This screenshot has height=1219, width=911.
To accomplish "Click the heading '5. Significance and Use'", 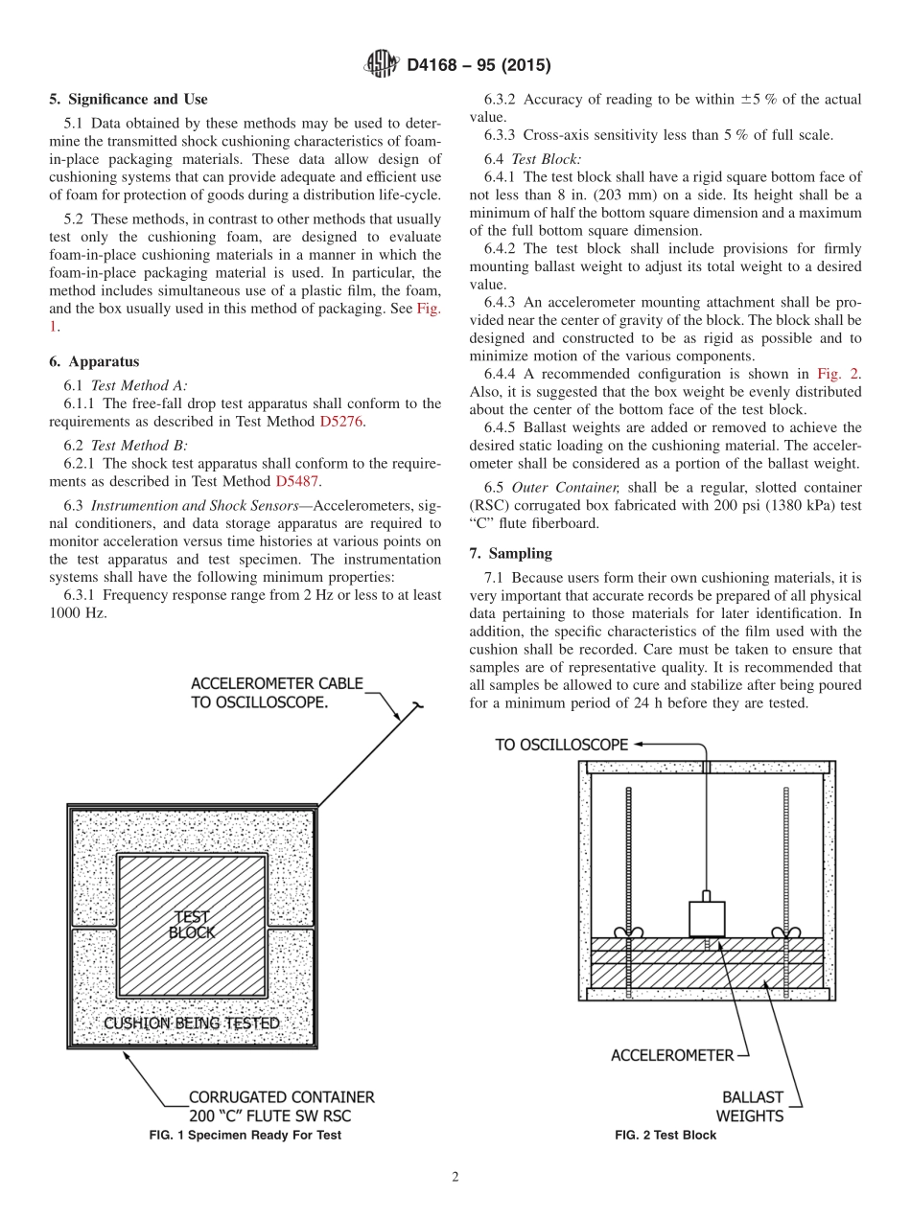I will [x=128, y=99].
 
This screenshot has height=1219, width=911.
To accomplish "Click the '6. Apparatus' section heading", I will [x=94, y=361].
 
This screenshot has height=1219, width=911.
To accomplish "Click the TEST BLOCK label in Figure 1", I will [x=192, y=924].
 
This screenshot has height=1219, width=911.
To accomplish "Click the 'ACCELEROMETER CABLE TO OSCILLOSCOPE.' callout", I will [x=277, y=692].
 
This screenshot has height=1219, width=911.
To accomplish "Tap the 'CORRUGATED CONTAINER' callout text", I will [x=281, y=1096].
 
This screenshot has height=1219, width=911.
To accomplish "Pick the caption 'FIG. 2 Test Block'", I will [x=665, y=1135].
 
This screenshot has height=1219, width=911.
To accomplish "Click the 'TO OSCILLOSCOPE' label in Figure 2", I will [x=561, y=745].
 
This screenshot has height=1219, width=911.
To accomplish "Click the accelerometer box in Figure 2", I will [x=707, y=918].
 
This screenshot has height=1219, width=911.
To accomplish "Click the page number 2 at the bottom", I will [x=455, y=1178].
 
